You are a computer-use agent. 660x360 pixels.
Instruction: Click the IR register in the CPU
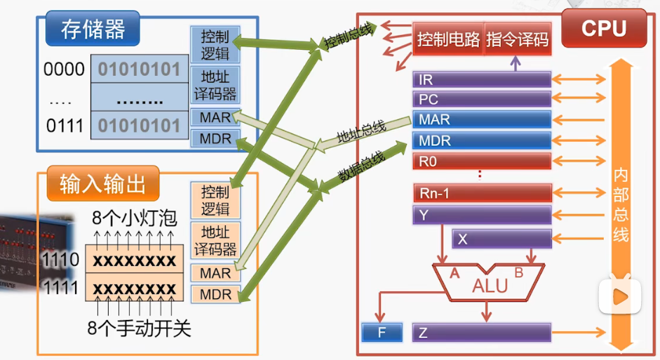(x=482, y=79)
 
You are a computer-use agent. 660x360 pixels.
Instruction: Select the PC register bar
(x=482, y=100)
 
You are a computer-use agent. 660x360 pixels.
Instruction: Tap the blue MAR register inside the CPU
(x=482, y=119)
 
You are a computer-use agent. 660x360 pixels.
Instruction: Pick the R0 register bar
(x=482, y=161)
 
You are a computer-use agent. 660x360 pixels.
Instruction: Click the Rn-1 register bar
(x=483, y=193)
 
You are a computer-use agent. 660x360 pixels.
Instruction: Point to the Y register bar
(x=482, y=215)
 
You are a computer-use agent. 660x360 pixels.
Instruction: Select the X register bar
(x=501, y=239)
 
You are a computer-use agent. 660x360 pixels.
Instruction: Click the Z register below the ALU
(x=482, y=333)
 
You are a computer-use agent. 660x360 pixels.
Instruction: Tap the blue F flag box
(x=382, y=333)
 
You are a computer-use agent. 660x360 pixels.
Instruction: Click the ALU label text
(x=490, y=286)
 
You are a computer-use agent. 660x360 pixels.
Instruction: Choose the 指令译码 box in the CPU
(x=518, y=39)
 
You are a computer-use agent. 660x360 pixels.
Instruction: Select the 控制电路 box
(x=448, y=39)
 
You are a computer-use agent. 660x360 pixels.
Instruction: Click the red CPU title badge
(x=604, y=29)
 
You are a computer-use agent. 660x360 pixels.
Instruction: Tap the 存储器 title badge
(x=93, y=29)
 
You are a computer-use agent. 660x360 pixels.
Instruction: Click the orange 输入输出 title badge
(x=103, y=184)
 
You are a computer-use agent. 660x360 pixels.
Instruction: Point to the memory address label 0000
(x=64, y=69)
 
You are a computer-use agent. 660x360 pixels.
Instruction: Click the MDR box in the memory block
(x=215, y=138)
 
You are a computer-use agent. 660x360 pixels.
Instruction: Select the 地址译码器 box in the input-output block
(x=215, y=241)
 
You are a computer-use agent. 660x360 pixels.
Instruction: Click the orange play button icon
(x=620, y=297)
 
